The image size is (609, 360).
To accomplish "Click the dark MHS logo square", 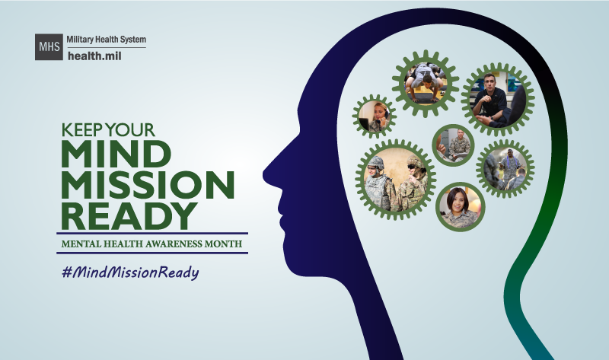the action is pos(49,46).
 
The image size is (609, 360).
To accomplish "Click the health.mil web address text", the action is pos(94,56).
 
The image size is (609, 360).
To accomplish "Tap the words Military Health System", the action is pos(106,40).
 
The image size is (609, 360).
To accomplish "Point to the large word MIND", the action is pos(116,154).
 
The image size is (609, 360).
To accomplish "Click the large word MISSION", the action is pos(148,184).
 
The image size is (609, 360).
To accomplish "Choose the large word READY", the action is pos(129,215).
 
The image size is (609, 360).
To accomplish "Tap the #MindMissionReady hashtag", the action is pos(130,272).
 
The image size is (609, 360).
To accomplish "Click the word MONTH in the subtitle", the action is pos(223,244).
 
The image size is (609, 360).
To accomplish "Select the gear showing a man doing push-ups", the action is pos(426,84).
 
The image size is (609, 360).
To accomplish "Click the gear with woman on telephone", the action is pos(375,116).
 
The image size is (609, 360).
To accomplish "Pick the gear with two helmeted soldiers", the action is pos(395,180).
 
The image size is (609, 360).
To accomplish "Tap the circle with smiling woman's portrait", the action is pos(461,206).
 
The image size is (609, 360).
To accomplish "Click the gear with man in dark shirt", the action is pos(498,100).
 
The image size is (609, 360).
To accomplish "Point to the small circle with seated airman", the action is pos(453,145).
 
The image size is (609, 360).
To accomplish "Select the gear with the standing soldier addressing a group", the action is pos(505,168).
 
